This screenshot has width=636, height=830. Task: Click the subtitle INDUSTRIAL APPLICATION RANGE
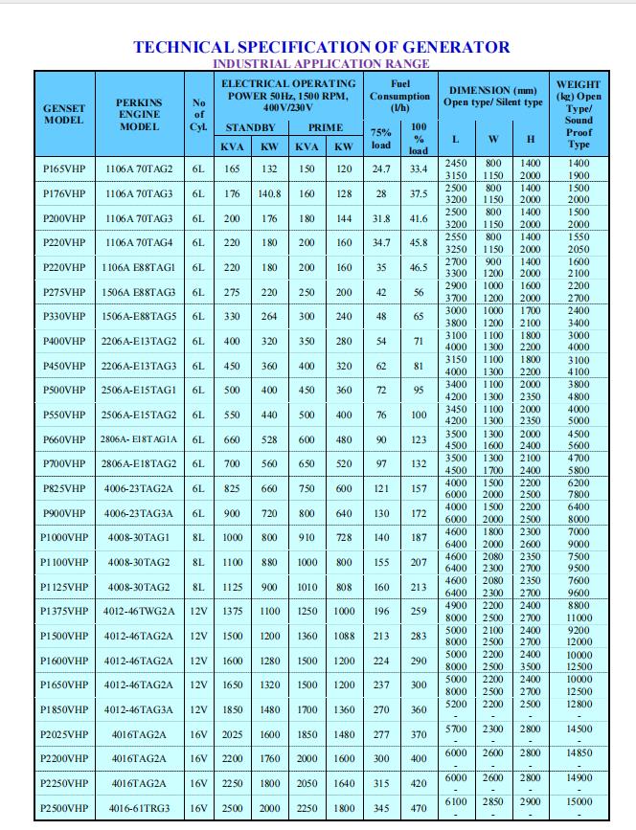coord(321,63)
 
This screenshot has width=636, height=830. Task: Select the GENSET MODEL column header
coord(64,114)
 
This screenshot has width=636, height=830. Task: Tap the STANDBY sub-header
coord(250,126)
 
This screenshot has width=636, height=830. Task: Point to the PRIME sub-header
coord(325,126)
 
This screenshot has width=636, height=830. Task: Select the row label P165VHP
coord(64,169)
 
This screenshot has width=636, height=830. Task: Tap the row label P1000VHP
coord(64,538)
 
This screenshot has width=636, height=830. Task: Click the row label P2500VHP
coord(64,808)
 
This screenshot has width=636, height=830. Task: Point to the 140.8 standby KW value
coord(270,194)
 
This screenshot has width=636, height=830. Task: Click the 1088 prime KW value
coord(344,636)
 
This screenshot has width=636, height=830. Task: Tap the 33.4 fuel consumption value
coord(419,169)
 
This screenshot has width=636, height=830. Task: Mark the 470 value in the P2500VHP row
coord(419,808)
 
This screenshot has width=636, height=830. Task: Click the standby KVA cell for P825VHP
coord(232,488)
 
